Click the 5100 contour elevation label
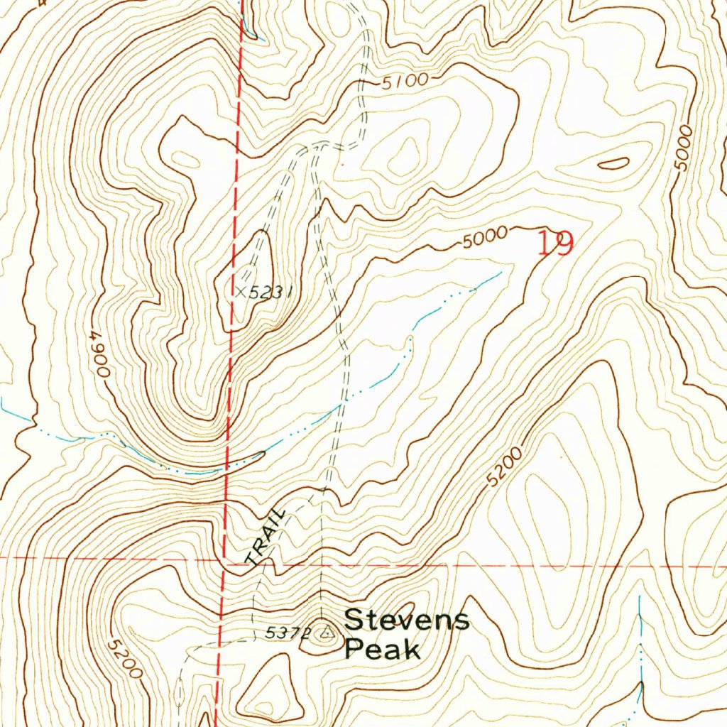[405, 81]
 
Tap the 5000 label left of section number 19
[483, 238]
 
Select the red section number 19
[554, 244]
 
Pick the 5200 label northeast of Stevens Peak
[505, 467]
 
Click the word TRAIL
[264, 537]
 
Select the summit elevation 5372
[288, 633]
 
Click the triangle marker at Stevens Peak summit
[326, 631]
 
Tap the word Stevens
[407, 620]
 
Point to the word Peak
[382, 650]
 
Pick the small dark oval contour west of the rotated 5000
[613, 163]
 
